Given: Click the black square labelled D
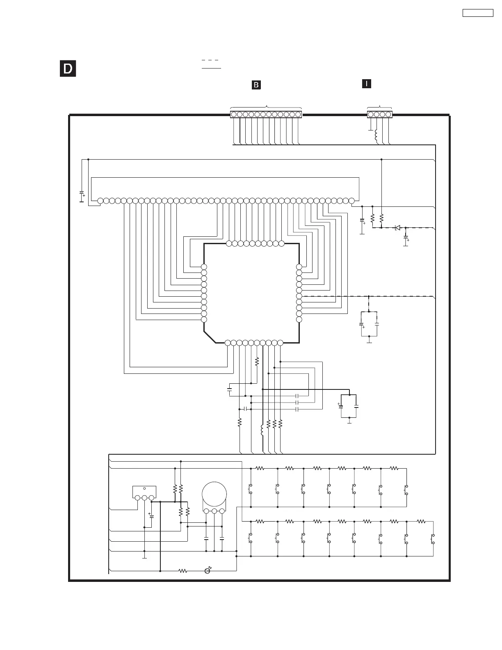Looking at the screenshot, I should pos(68,69).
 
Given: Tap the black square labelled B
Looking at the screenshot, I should pos(256,85).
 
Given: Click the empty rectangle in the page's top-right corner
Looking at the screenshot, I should pos(478,13).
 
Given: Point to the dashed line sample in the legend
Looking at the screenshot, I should pos(211,60).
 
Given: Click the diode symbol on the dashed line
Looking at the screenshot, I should pos(397,228).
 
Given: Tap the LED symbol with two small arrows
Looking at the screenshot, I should pos(208,570).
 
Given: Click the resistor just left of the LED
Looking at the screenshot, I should pos(183,570).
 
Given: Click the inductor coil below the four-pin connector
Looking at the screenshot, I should pos(376,136).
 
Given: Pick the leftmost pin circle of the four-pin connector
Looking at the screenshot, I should pos(371,114).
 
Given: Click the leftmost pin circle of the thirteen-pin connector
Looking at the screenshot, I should pos(234,114).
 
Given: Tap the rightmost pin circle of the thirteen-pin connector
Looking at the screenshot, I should pos(298,114).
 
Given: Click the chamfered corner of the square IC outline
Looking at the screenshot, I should pos(209,337).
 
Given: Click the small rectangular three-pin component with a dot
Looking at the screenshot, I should pos(144,492).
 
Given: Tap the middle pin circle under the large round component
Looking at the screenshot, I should pos(214,511).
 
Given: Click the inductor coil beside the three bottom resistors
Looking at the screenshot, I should pos(262,429).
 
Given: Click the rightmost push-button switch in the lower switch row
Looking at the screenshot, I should pos(433,539).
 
